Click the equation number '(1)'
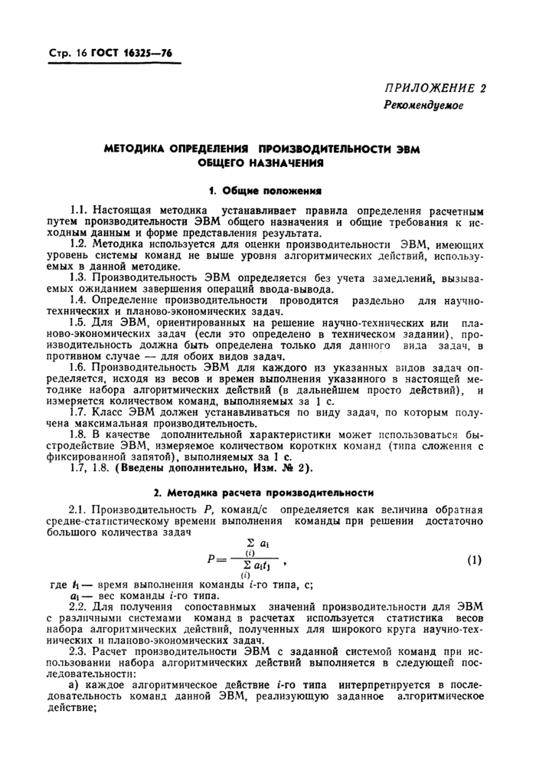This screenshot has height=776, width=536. (475, 560)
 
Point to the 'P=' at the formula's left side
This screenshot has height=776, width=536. (217, 560)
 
